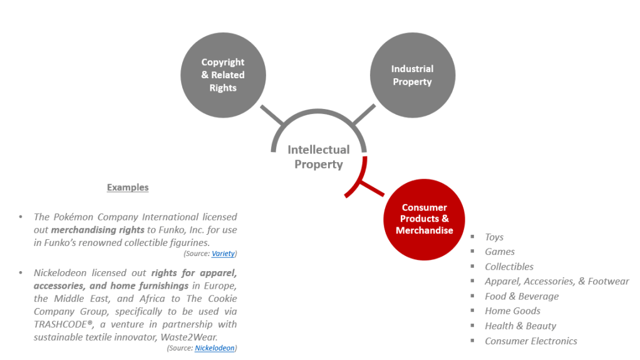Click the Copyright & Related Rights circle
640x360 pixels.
point(223,75)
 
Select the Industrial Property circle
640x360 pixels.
point(412,75)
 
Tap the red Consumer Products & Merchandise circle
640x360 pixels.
point(425,219)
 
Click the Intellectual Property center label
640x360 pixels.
point(319,157)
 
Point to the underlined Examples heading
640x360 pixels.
point(128,187)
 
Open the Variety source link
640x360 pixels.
point(223,254)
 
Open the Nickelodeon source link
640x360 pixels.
point(215,348)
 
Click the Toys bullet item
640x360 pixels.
point(494,237)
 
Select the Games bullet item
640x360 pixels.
point(500,252)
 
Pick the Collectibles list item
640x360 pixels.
point(509,267)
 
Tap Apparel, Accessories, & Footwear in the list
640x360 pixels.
point(557,282)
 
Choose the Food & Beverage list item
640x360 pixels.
point(522,296)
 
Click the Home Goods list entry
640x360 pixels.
point(512,311)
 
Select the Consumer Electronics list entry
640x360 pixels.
point(531,341)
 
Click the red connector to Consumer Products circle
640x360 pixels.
point(366,184)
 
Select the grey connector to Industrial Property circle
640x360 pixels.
point(363,115)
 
